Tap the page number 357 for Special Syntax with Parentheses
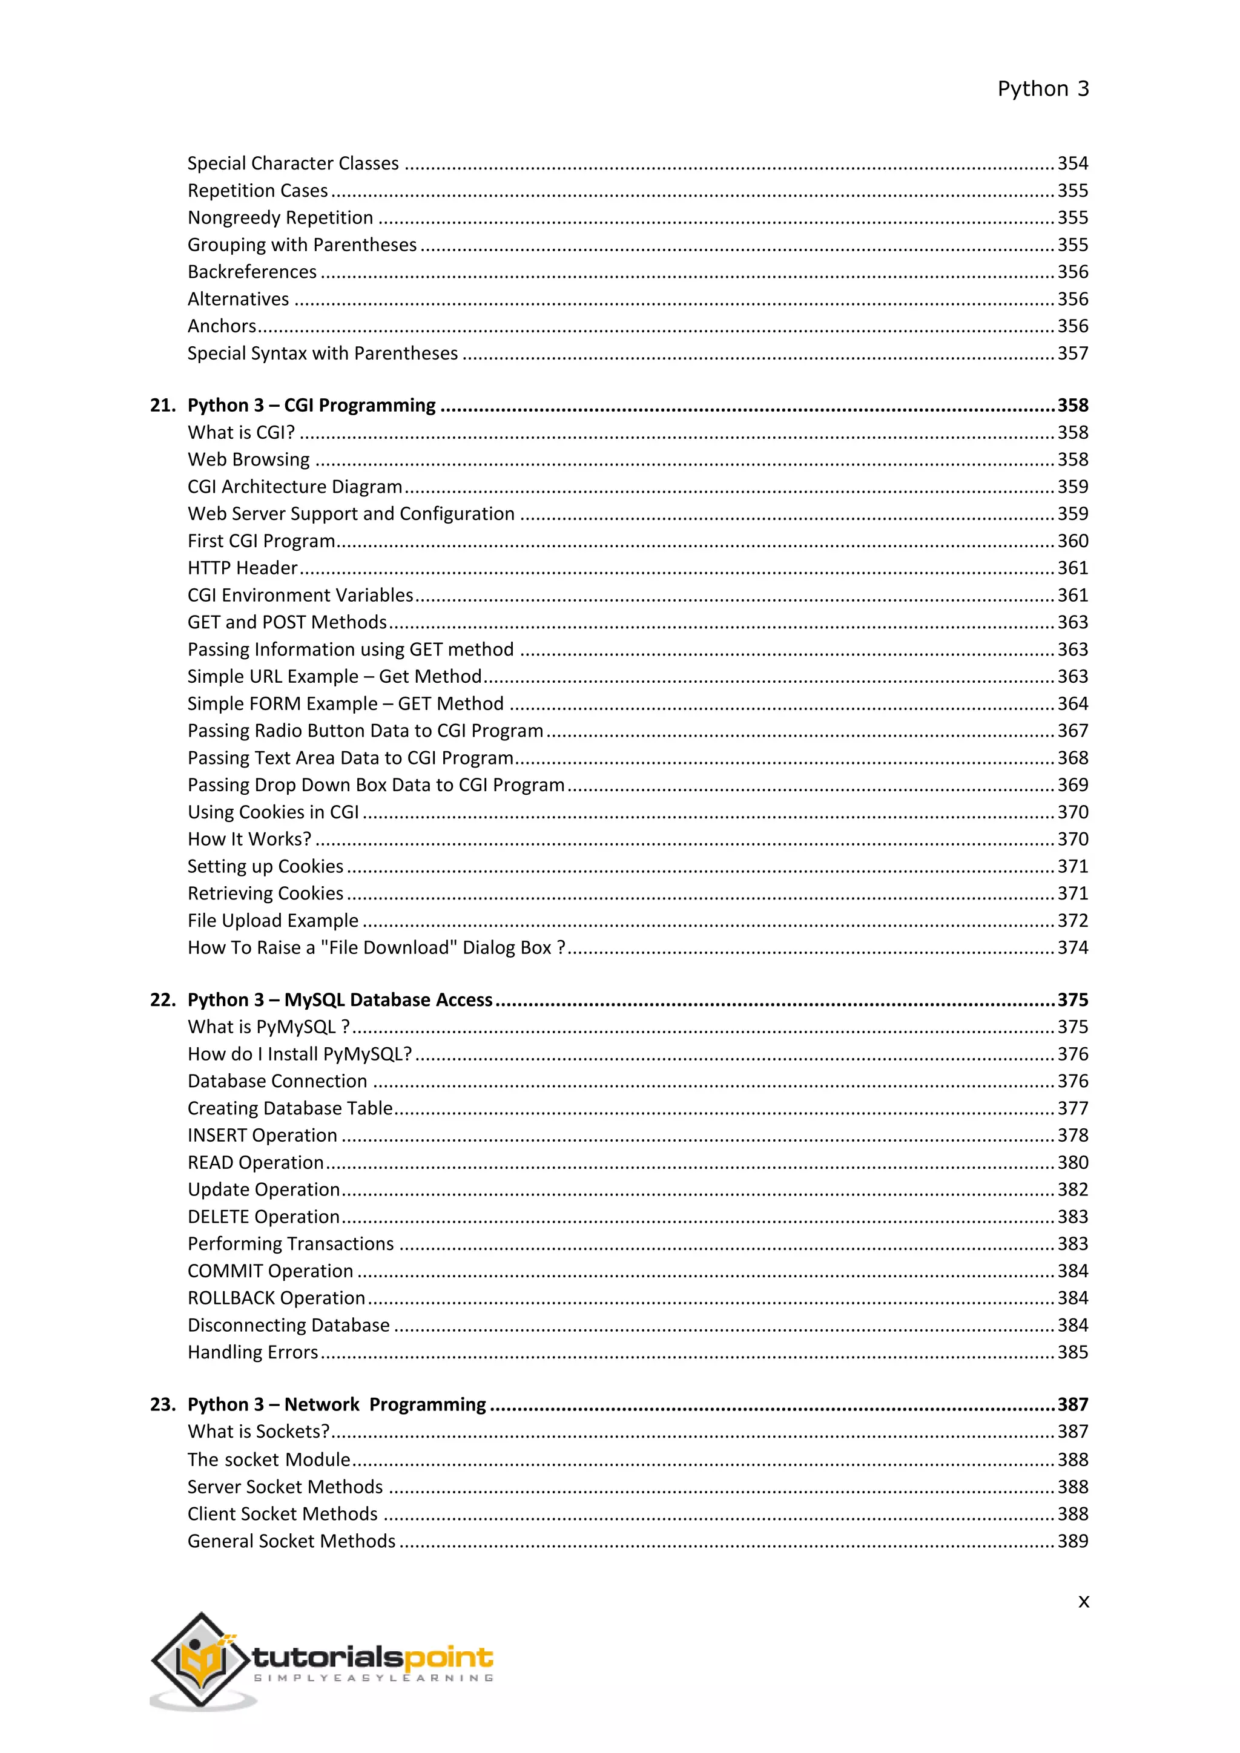pyautogui.click(x=1072, y=354)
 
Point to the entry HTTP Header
pyautogui.click(x=242, y=568)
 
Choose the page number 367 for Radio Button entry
pyautogui.click(x=1072, y=731)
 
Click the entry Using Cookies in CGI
pyautogui.click(x=272, y=812)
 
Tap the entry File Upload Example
pyautogui.click(x=272, y=921)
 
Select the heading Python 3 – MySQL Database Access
pyautogui.click(x=340, y=1000)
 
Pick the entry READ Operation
pyautogui.click(x=255, y=1163)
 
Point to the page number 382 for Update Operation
pyautogui.click(x=1072, y=1189)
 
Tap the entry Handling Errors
pyautogui.click(x=252, y=1352)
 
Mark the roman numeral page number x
pyautogui.click(x=1083, y=1602)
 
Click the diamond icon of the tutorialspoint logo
pyautogui.click(x=200, y=1659)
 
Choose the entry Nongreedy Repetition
pyautogui.click(x=280, y=219)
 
